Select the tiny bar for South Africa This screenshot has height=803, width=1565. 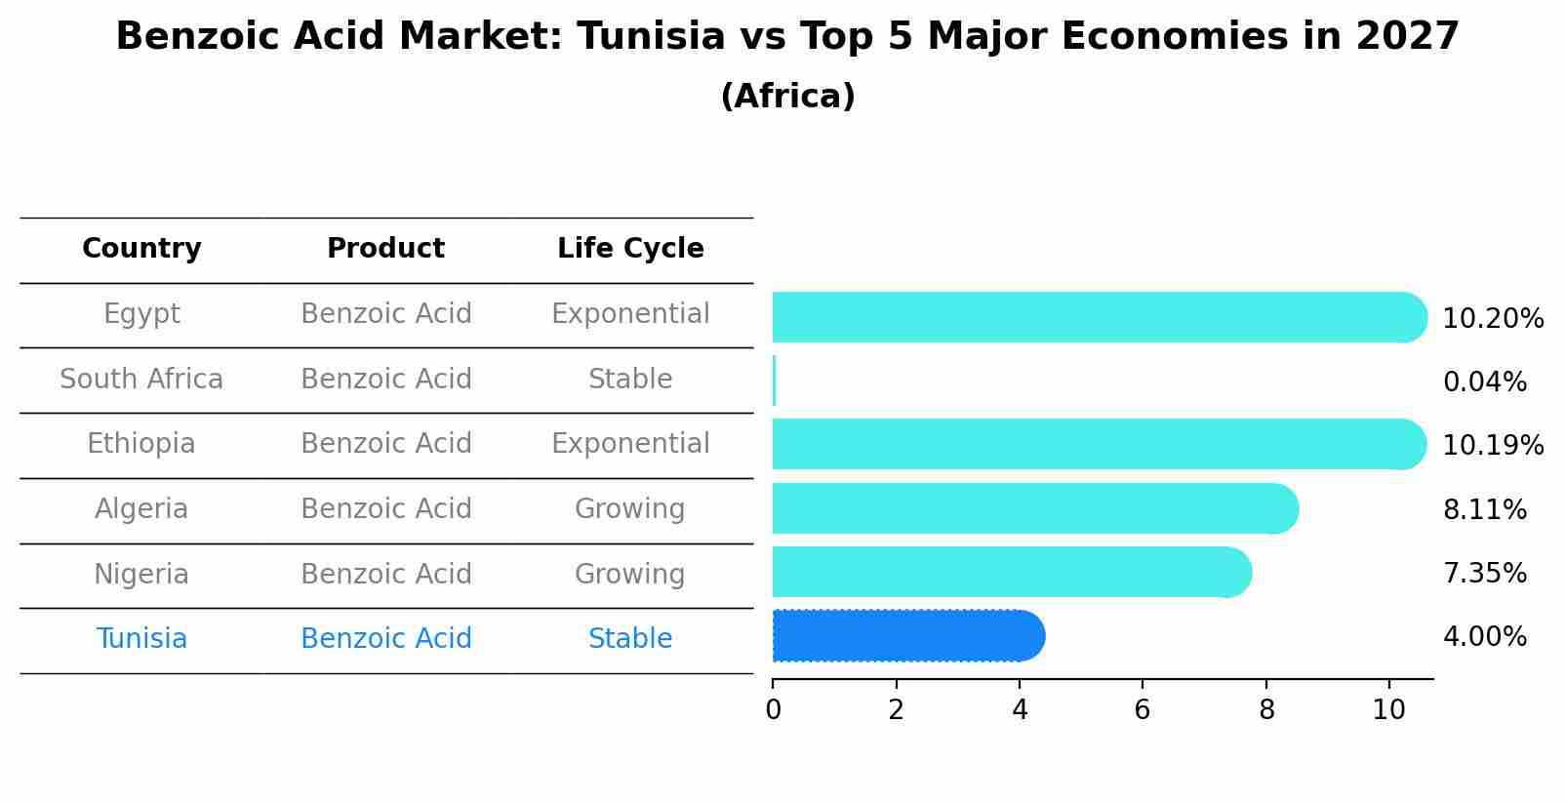[x=774, y=381]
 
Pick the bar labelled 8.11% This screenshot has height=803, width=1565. [x=1034, y=508]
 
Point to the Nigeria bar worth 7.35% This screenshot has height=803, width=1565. [x=1010, y=572]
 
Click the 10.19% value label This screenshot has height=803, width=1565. [x=1493, y=446]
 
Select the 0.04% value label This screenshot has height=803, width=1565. [x=1484, y=382]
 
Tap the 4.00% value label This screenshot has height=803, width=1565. [x=1484, y=637]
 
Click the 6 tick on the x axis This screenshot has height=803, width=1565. [x=1143, y=710]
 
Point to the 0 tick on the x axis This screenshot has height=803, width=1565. [x=774, y=710]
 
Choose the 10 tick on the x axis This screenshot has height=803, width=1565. [x=1388, y=710]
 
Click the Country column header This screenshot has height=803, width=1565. [x=141, y=249]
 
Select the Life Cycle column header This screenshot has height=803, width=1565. [x=630, y=249]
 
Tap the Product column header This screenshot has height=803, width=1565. [x=385, y=249]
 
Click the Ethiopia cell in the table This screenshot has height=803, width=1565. [x=141, y=444]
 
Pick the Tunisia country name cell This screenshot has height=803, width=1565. [x=141, y=639]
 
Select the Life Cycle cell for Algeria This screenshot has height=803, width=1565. [x=630, y=509]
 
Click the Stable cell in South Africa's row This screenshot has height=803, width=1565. [x=630, y=380]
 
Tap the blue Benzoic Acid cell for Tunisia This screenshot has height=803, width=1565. [x=385, y=639]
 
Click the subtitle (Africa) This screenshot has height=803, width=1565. [x=787, y=97]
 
